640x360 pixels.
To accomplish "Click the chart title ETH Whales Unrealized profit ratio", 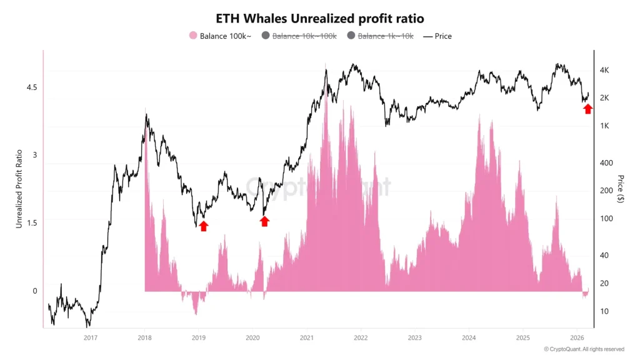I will point(319,19).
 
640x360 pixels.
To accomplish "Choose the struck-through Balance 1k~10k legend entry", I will point(380,36).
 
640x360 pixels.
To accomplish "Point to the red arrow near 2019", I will point(203,226).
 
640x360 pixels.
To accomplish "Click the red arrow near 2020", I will point(264,221).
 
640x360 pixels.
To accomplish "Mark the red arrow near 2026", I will point(587,109).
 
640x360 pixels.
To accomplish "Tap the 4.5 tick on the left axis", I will point(31,87).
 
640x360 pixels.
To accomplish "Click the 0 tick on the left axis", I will point(35,291).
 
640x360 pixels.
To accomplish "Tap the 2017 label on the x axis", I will point(91,337).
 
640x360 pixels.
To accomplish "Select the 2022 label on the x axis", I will point(361,337).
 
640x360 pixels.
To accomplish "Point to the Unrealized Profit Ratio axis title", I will point(19,188).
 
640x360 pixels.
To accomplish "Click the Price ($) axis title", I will point(621,188).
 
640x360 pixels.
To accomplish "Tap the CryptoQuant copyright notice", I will point(584,349).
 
